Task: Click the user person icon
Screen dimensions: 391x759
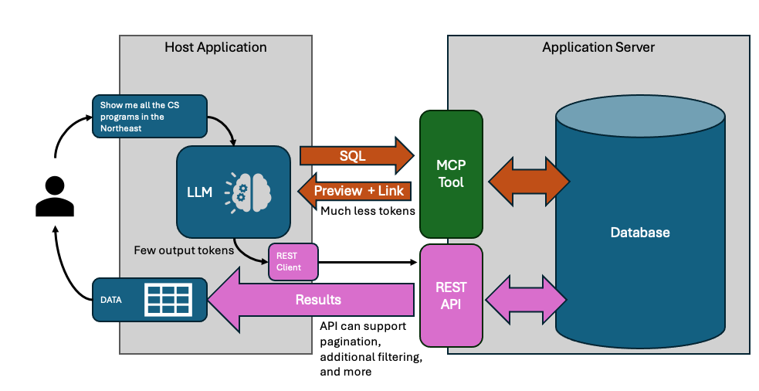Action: [x=55, y=195]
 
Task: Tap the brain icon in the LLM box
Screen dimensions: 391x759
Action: [x=246, y=190]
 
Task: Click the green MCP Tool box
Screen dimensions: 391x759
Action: [x=451, y=174]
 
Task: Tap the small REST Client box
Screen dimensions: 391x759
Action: [x=293, y=263]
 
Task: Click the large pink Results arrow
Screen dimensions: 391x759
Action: [x=317, y=299]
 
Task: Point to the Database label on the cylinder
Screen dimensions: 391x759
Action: [x=639, y=232]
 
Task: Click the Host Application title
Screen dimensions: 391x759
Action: [x=215, y=47]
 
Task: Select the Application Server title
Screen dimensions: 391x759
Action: [x=598, y=47]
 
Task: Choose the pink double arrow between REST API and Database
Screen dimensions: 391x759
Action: [x=526, y=295]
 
